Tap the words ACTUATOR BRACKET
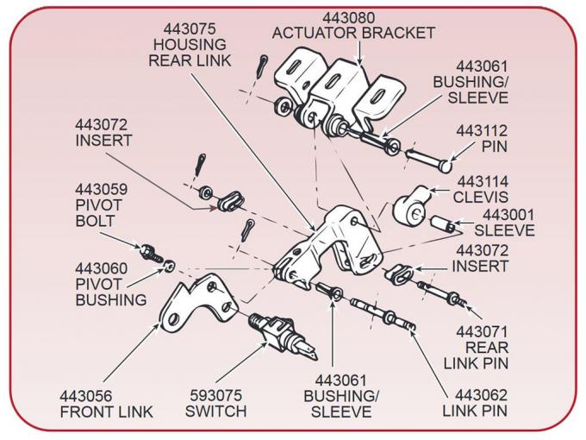[353, 33]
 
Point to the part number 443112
[482, 131]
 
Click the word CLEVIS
[482, 197]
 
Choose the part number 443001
[508, 215]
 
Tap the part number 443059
[101, 190]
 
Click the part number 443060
[101, 269]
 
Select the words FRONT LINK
[106, 412]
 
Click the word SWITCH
[215, 412]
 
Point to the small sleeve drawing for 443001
[444, 226]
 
